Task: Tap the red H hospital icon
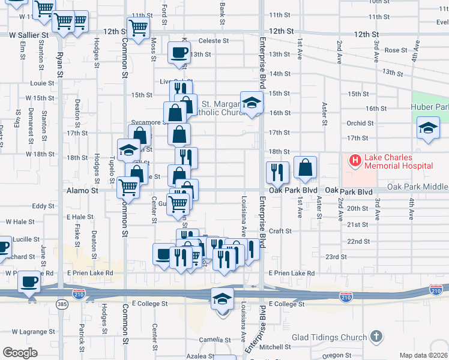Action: (x=355, y=161)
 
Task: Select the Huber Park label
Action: (x=432, y=108)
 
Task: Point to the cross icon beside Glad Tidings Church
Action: (x=376, y=336)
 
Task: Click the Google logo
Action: (x=20, y=352)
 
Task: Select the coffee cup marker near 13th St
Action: (x=179, y=53)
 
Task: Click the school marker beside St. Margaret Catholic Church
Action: (x=252, y=103)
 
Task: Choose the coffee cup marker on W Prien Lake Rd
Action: (x=29, y=281)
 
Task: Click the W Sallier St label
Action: (x=24, y=35)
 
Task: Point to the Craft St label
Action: (x=280, y=231)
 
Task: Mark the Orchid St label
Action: (x=360, y=123)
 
